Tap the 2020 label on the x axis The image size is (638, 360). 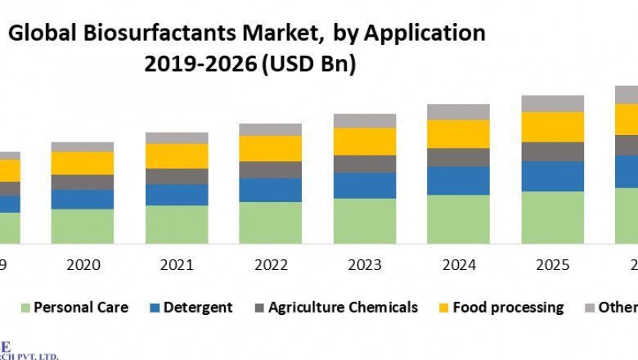[x=83, y=264]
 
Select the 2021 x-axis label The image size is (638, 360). [x=177, y=264]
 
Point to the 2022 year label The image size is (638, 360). [x=270, y=264]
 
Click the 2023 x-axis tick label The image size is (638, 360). [x=364, y=264]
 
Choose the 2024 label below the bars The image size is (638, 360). [x=458, y=264]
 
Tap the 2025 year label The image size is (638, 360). [x=552, y=264]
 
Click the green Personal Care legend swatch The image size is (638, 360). [x=25, y=308]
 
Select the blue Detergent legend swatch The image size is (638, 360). [x=155, y=308]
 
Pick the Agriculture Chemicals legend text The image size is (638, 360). [x=344, y=308]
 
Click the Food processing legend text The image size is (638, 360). [x=508, y=308]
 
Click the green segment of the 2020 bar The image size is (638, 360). [x=83, y=226]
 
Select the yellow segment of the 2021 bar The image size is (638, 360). [x=177, y=155]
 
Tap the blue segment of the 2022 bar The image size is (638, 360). [x=270, y=190]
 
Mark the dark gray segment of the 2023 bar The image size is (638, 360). [x=364, y=164]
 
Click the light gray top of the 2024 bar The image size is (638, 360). [x=458, y=111]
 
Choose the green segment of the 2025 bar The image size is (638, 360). [x=552, y=217]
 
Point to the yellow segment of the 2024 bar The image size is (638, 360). [x=458, y=133]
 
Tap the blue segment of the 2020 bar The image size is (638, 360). [x=83, y=199]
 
